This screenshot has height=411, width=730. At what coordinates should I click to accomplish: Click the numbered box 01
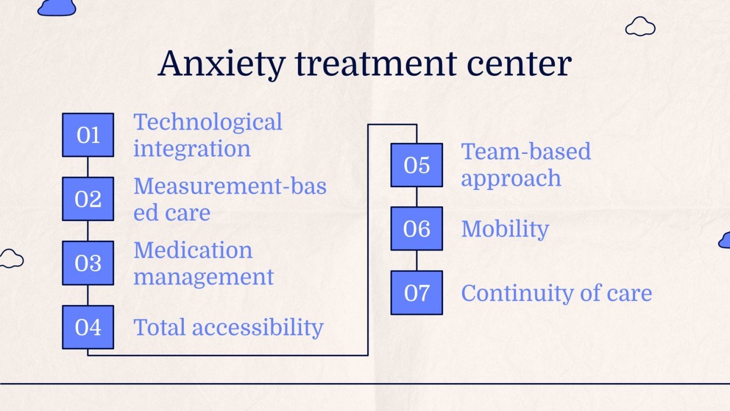[x=88, y=135]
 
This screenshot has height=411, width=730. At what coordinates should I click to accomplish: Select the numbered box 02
[x=88, y=199]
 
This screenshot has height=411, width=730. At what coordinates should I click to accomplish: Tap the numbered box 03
[x=88, y=263]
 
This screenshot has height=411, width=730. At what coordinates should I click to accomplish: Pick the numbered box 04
[x=88, y=327]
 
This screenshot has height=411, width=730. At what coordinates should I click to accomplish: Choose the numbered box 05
[x=417, y=165]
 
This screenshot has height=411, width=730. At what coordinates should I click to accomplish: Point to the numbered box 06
[x=417, y=229]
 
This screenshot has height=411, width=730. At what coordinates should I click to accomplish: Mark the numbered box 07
[x=417, y=293]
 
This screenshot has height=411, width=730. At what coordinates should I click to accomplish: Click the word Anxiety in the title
[x=221, y=64]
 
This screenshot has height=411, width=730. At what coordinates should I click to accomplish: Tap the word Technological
[x=208, y=122]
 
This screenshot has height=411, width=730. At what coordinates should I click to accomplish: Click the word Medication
[x=193, y=250]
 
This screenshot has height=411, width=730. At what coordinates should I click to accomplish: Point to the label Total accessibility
[x=229, y=327]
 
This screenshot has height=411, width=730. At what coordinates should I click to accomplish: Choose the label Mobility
[x=505, y=229]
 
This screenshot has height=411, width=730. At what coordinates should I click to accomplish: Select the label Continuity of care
[x=557, y=293]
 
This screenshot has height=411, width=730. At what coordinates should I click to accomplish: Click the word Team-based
[x=526, y=151]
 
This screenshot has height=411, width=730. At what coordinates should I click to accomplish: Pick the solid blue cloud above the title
[x=57, y=7]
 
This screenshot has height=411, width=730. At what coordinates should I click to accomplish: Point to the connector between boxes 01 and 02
[x=88, y=166]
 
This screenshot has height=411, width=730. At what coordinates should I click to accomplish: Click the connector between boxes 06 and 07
[x=417, y=260]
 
